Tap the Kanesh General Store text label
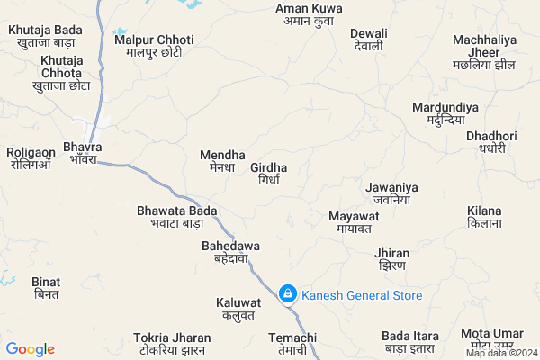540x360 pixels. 362,295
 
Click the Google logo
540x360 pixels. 31,349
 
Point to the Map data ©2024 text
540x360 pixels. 500,353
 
